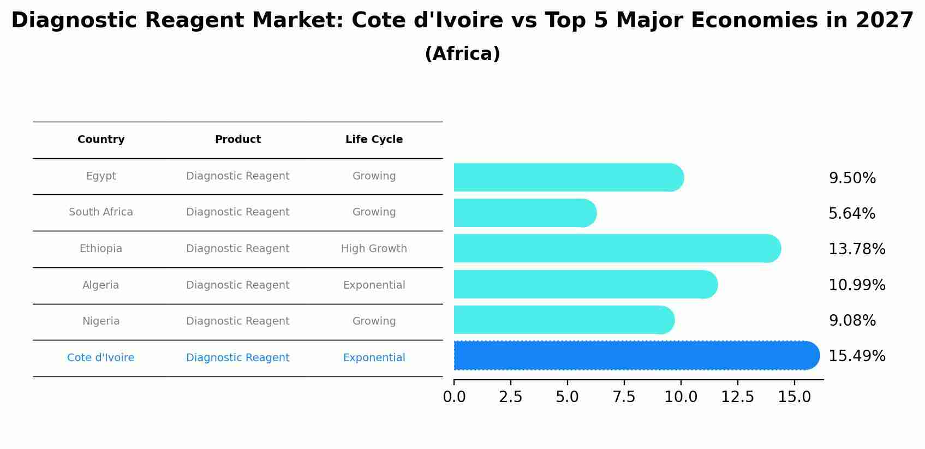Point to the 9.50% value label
click(x=852, y=178)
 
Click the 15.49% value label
click(x=856, y=356)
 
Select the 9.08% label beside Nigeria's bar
click(x=852, y=321)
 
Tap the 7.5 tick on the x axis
click(x=624, y=397)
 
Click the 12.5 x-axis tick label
click(x=737, y=397)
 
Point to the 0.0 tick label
click(x=454, y=397)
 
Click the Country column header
click(x=101, y=140)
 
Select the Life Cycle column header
click(x=374, y=140)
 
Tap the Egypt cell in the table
click(x=101, y=176)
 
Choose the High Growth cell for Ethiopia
click(x=374, y=249)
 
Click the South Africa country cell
click(x=101, y=212)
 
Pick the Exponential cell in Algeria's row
click(x=374, y=285)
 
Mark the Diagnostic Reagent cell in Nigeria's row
click(x=237, y=321)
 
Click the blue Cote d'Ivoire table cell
click(x=101, y=358)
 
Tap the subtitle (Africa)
click(x=462, y=54)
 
